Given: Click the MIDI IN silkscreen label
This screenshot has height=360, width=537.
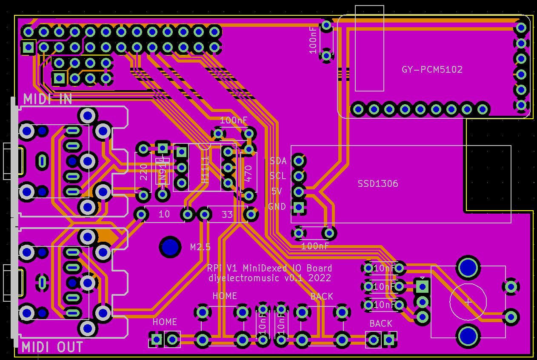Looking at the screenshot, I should tap(47, 99).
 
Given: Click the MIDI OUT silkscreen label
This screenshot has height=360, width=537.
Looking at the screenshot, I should tap(52, 347).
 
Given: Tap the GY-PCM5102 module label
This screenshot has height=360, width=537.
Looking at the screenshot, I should tap(432, 69).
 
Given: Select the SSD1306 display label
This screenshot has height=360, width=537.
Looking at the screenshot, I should tap(378, 184).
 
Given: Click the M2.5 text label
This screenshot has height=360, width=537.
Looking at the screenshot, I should tap(200, 247).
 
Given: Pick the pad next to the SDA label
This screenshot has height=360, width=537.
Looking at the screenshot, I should tap(299, 161).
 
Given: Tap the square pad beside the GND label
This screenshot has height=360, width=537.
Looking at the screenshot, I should tap(299, 207).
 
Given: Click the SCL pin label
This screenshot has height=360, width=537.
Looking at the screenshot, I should tap(278, 176).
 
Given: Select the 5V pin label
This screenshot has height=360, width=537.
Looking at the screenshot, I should tap(277, 191).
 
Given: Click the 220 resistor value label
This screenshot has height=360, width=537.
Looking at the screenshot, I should tap(144, 172).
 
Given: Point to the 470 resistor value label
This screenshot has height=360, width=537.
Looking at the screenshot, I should tap(249, 174).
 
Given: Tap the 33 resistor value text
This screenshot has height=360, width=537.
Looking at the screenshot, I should tap(227, 214).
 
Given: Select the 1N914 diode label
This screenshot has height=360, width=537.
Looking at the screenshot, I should tap(162, 171).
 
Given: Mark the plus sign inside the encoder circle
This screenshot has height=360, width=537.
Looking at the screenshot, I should tap(468, 302).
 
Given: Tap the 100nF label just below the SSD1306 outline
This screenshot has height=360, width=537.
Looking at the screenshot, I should tap(315, 246).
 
